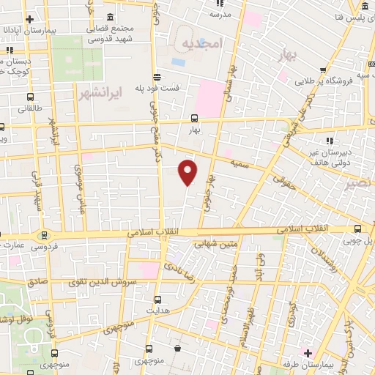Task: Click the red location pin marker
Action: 188,173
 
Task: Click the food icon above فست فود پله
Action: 157,76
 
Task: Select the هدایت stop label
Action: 160,311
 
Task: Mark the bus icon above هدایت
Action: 158,299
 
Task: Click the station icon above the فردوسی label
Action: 45,235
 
